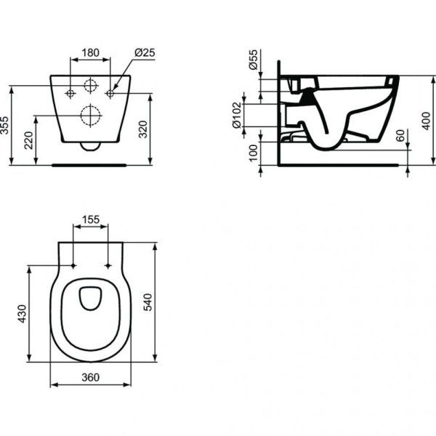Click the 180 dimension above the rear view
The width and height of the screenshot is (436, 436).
coord(91,53)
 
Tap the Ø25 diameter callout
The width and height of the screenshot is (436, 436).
coord(144,53)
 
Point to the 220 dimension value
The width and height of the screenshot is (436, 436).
coord(28,140)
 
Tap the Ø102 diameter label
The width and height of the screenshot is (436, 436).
coord(237,114)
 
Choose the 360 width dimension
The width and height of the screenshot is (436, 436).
coord(91,377)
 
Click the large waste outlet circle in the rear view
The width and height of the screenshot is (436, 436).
coord(91,115)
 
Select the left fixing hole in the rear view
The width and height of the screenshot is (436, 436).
coord(71,93)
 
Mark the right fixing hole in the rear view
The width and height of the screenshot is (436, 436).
coord(110,93)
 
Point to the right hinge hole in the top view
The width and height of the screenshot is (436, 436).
coord(108,265)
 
